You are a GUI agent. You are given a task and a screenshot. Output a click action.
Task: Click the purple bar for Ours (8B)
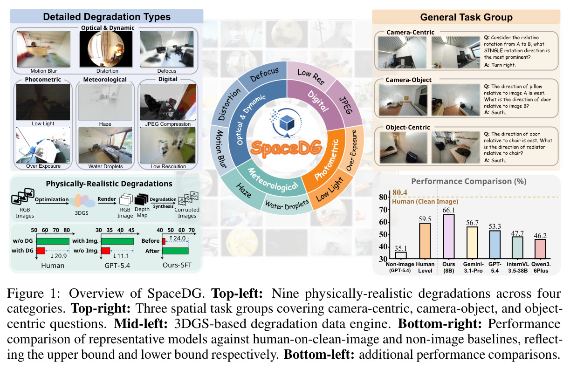tap(449, 237)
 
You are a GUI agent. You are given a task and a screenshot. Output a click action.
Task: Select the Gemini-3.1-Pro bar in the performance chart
tap(472, 243)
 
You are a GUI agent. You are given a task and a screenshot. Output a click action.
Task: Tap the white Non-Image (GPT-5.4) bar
tap(401, 255)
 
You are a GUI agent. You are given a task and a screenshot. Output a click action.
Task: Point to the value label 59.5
tap(425, 219)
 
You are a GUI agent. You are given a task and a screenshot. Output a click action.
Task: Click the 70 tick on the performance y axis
tap(383, 210)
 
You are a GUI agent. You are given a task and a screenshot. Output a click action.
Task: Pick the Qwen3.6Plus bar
tap(540, 249)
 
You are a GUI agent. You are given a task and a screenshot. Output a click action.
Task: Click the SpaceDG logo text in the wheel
tap(287, 148)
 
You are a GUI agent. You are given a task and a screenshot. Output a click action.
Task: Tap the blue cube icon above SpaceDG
tap(287, 123)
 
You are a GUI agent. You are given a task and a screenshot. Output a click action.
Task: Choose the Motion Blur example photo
tap(44, 49)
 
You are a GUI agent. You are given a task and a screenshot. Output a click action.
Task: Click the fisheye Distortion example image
tap(106, 49)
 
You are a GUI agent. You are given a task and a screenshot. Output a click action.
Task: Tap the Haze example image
tap(105, 102)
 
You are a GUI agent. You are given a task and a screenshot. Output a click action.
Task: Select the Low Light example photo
tap(43, 102)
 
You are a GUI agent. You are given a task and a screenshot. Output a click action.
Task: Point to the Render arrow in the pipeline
tap(107, 203)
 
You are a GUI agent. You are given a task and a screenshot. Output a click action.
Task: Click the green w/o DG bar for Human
tap(53, 241)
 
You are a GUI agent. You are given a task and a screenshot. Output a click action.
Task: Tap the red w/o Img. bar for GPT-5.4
tap(106, 251)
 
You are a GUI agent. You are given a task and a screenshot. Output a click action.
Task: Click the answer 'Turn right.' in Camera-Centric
tap(503, 65)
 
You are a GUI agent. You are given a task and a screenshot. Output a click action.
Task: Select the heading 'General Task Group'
tap(466, 17)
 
